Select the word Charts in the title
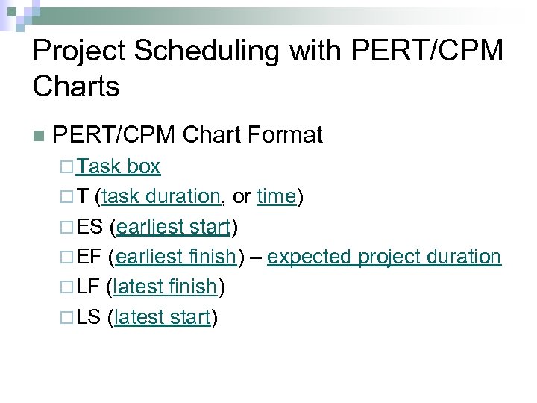click(76, 87)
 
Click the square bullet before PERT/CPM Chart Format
click(39, 136)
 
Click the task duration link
click(161, 196)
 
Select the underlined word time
click(277, 196)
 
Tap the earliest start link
click(173, 227)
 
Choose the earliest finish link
click(177, 257)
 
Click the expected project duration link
click(384, 257)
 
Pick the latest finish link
click(165, 287)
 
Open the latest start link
click(163, 318)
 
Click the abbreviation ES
click(89, 227)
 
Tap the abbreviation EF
click(89, 257)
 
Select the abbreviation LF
click(89, 287)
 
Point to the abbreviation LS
click(89, 318)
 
